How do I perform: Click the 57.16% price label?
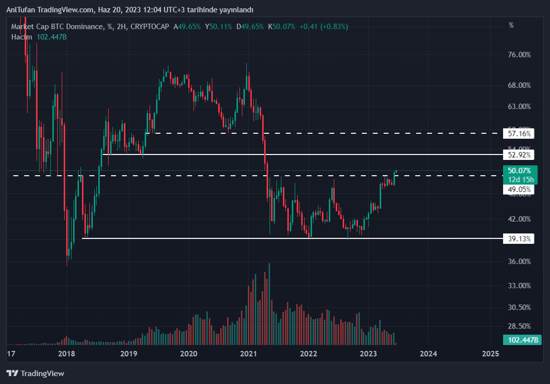pos(519,133)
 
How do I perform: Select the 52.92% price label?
pos(519,155)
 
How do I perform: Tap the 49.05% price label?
pos(519,189)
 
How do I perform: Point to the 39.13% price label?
pos(519,239)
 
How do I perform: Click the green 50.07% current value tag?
pos(519,171)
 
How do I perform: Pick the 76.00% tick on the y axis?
pos(519,55)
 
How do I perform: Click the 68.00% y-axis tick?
pos(519,85)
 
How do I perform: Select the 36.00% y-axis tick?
pos(519,262)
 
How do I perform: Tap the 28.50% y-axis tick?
pos(519,326)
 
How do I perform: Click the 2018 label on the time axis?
pos(66,354)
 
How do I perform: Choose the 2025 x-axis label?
pos(490,354)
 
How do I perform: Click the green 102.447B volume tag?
pos(521,340)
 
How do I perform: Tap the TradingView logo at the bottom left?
pos(35,374)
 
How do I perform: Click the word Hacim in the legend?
pos(22,37)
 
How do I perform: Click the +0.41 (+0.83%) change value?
pos(323,27)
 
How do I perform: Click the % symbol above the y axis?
pos(511,25)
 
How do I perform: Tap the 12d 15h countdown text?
pos(519,179)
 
